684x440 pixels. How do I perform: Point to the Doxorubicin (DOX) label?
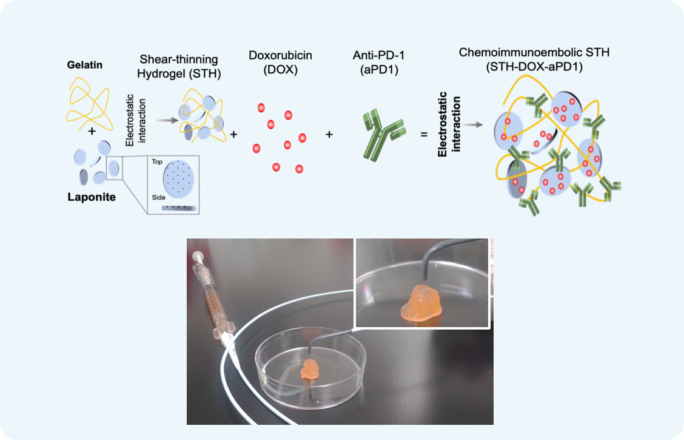click(x=280, y=62)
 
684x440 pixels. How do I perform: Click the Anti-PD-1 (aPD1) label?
click(x=379, y=62)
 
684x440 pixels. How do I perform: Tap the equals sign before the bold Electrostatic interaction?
click(x=424, y=134)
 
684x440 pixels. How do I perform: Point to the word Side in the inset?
click(x=158, y=197)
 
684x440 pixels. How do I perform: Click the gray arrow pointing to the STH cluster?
click(x=162, y=120)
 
